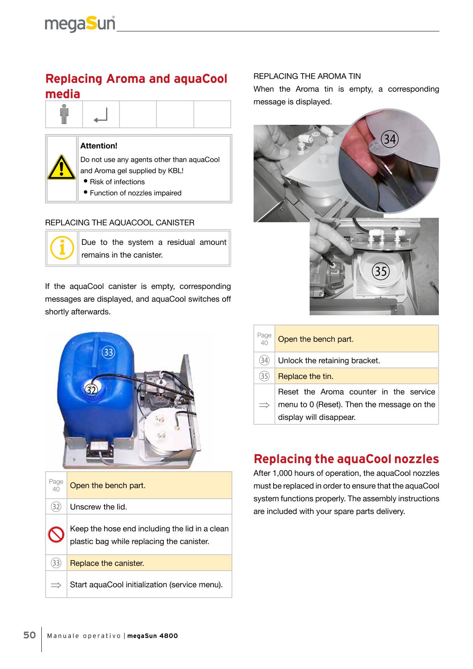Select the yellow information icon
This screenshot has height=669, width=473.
point(62,248)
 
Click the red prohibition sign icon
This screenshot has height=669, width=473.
point(56,535)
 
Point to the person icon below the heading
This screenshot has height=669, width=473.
point(64,114)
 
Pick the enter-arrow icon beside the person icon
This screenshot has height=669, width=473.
point(101,115)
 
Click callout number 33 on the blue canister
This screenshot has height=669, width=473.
point(108,352)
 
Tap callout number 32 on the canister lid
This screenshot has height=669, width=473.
point(92,390)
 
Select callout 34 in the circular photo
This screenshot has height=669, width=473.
point(390,139)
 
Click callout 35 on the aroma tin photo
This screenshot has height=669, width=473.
point(380,271)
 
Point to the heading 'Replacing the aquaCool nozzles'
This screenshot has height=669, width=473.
point(346,459)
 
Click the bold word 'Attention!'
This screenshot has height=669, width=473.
point(99,146)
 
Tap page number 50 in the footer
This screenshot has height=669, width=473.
point(30,635)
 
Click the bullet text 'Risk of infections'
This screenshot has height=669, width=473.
point(117,182)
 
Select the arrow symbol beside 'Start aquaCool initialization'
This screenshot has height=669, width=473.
point(56,585)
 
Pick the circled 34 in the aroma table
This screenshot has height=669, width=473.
point(264,361)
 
